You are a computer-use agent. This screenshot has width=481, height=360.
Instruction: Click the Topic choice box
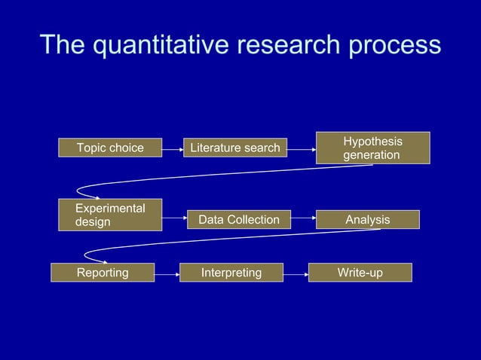[110, 148]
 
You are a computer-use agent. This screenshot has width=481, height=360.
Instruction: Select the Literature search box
[234, 148]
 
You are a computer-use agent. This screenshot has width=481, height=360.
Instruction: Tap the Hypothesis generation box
[372, 148]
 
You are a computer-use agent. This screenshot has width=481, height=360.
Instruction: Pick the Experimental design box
[110, 215]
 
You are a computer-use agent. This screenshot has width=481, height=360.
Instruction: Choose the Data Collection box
[238, 219]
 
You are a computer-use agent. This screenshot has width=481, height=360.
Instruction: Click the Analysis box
[367, 219]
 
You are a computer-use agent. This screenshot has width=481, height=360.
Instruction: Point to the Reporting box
[103, 272]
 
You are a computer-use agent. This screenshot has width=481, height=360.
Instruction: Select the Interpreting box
[231, 272]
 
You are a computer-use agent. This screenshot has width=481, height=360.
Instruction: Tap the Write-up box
[360, 272]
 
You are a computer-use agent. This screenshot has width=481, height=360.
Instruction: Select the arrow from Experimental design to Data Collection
[174, 219]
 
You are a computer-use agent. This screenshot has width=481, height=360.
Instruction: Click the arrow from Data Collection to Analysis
[302, 219]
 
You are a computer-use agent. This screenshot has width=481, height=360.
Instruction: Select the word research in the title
[293, 45]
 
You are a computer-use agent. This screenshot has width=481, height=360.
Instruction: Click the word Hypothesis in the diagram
[372, 142]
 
